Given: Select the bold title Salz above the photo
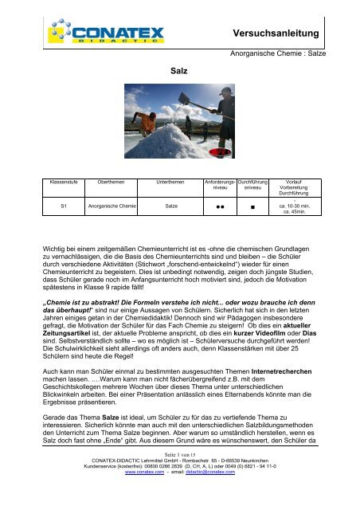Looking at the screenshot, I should [179, 71].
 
